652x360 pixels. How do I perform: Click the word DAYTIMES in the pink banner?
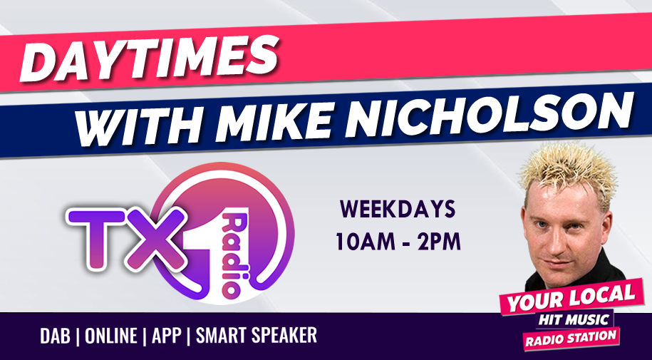tap(149, 58)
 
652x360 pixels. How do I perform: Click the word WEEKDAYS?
tap(398, 210)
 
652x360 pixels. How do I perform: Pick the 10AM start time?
tap(366, 242)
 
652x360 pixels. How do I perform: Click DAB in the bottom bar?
tap(56, 336)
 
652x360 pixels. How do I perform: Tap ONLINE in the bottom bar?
tap(111, 336)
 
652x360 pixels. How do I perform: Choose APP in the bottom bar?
tap(166, 336)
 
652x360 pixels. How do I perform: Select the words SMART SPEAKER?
tap(257, 336)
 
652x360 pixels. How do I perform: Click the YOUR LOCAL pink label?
tap(571, 297)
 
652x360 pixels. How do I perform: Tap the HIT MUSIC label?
tap(574, 320)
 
